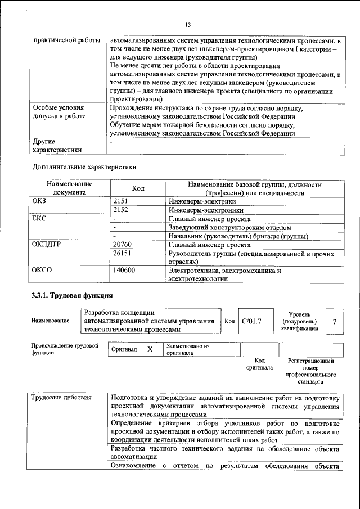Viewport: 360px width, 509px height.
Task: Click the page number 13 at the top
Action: tap(188, 24)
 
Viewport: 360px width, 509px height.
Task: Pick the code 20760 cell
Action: tap(124, 245)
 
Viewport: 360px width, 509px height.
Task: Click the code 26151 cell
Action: tap(124, 254)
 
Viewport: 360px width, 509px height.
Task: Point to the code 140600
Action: tap(125, 271)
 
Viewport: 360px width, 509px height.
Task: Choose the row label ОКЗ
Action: tap(41, 201)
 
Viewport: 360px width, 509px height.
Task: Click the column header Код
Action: tap(138, 188)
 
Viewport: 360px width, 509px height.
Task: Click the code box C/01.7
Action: tap(252, 321)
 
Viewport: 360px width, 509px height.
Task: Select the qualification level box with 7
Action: tap(334, 321)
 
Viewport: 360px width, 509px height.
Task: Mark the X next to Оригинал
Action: tap(150, 349)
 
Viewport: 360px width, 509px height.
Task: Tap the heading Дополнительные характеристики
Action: tap(84, 167)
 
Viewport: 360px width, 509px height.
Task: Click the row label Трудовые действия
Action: tap(61, 398)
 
